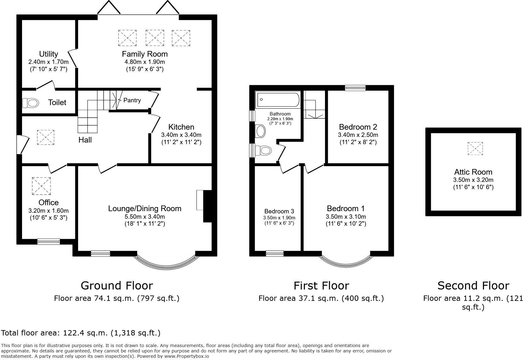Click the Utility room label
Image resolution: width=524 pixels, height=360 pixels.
48,54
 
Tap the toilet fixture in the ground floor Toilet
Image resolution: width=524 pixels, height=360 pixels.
31,103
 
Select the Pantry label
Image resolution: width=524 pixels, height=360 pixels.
132,100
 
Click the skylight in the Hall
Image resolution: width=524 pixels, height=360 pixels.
46,138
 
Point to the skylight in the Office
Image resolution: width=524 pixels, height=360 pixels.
41,186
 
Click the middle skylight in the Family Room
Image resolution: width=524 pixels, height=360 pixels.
155,38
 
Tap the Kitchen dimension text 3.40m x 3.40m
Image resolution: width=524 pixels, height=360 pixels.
181,135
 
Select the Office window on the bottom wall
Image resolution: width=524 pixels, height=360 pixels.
48,241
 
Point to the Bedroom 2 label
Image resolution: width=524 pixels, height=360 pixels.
358,127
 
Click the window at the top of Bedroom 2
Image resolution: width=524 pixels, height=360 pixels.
355,88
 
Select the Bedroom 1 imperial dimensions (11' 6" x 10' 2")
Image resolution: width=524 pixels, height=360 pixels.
346,224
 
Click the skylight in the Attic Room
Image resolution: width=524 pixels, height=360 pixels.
475,149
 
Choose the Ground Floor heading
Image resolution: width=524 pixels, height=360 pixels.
117,285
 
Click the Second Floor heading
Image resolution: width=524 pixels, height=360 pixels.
473,285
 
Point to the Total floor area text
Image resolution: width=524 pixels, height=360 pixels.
81,333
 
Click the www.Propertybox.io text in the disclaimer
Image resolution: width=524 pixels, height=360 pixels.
186,356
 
